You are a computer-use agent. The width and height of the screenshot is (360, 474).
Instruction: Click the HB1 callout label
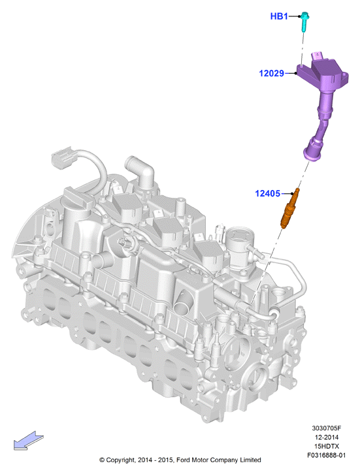point(279,16)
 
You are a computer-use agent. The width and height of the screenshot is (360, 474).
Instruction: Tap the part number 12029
point(271,73)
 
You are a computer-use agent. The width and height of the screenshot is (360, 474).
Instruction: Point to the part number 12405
point(267,193)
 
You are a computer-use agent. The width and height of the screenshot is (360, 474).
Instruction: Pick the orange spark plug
point(289,208)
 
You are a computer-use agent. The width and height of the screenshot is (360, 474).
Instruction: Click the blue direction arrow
point(29,440)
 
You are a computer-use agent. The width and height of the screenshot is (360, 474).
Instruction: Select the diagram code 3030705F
point(327,428)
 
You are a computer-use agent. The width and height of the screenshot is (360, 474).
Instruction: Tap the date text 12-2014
point(327,437)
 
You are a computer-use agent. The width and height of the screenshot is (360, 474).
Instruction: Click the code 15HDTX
point(327,446)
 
